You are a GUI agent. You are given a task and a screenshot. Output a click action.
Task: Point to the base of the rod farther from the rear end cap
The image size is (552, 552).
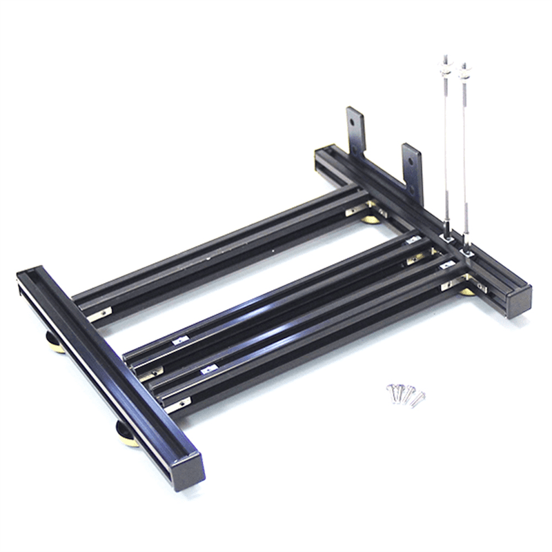tap(449, 235)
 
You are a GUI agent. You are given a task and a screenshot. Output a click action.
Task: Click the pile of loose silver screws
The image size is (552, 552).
tap(405, 394)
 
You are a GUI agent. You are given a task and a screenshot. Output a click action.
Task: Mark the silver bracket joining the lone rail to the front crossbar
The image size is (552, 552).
tap(101, 314)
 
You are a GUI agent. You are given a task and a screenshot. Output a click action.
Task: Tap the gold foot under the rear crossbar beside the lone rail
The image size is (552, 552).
tap(371, 219)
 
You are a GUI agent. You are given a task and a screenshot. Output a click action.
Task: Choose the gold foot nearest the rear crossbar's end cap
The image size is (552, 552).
tap(468, 290)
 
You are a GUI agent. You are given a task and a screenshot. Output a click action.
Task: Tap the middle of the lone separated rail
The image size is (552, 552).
tap(221, 248)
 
